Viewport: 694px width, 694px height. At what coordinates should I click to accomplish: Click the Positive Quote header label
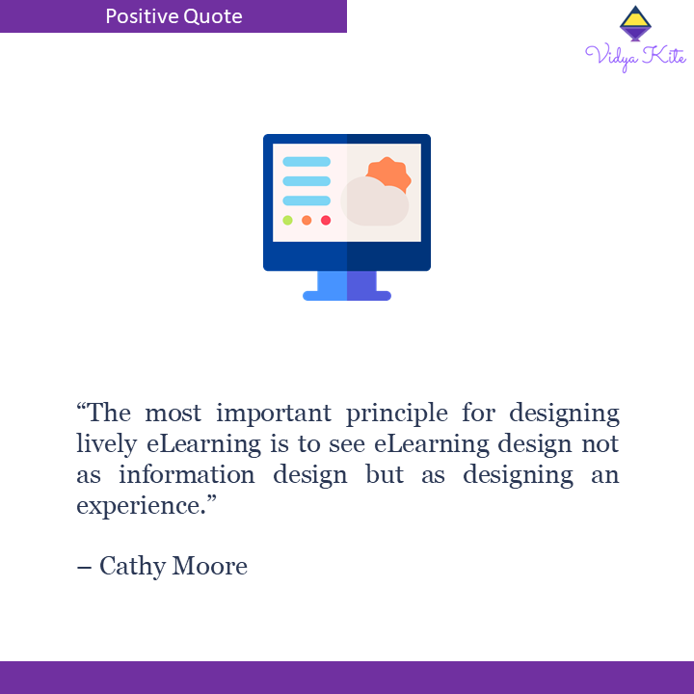tap(173, 16)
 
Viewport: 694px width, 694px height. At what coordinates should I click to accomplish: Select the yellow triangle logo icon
tap(633, 22)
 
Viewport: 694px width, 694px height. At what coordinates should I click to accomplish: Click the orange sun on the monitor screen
tap(389, 173)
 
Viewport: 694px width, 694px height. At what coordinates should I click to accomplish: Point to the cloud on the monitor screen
tap(375, 202)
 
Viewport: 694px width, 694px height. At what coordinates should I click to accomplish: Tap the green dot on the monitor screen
tap(287, 220)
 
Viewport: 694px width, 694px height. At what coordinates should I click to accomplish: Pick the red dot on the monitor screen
tap(326, 220)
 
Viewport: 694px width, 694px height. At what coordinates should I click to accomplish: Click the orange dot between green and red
tap(307, 220)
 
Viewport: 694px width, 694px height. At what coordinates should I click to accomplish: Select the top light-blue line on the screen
tap(307, 162)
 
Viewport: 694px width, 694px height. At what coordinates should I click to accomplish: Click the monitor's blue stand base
tap(347, 295)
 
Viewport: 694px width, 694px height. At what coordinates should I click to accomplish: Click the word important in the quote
tap(254, 414)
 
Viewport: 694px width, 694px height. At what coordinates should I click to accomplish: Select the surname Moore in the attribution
tap(209, 566)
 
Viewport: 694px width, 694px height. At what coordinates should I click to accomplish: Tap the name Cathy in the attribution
tap(132, 566)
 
